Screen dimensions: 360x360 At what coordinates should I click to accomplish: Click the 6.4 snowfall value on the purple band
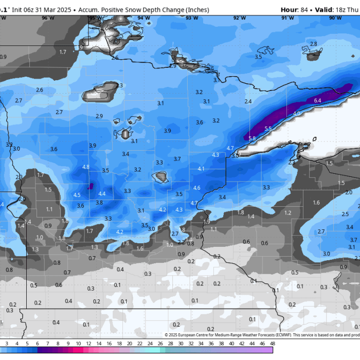tap(317, 100)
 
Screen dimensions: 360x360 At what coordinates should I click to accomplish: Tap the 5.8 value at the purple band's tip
tap(251, 138)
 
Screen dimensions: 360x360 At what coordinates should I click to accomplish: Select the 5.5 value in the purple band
tap(268, 129)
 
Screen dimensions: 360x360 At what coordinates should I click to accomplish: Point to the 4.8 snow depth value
tap(86, 167)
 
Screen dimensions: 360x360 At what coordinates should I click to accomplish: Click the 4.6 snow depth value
tap(196, 188)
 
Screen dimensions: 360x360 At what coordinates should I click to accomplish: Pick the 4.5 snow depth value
tap(77, 195)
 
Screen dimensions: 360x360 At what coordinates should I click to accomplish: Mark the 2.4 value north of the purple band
tap(248, 101)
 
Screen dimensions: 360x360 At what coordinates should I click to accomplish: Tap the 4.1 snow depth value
tap(201, 169)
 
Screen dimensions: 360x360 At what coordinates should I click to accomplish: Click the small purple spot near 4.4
tap(91, 186)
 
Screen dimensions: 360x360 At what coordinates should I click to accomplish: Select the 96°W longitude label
tap(48, 18)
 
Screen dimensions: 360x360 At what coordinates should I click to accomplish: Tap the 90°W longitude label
tap(335, 18)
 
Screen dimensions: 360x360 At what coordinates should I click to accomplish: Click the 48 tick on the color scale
tap(272, 343)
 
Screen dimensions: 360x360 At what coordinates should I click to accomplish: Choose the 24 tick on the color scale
tap(149, 343)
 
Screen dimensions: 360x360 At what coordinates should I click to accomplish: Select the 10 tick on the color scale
tap(78, 343)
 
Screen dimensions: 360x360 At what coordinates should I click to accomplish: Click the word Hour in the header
tap(290, 10)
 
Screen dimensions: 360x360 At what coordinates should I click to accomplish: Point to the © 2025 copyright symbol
tap(167, 335)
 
